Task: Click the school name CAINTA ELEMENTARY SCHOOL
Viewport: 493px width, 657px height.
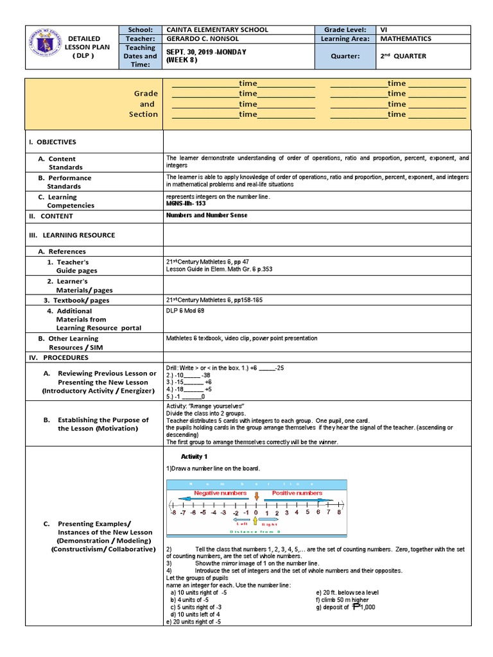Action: point(217,30)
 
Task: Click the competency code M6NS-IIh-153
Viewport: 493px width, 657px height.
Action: point(186,203)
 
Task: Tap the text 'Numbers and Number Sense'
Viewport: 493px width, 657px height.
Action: point(206,216)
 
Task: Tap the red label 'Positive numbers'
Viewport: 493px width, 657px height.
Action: point(297,493)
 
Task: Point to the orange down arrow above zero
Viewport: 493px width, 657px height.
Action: point(257,496)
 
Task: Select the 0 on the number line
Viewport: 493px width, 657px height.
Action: point(255,513)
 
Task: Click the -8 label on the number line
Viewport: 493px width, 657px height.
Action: point(173,513)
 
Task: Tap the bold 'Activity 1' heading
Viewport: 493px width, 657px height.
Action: point(194,456)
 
